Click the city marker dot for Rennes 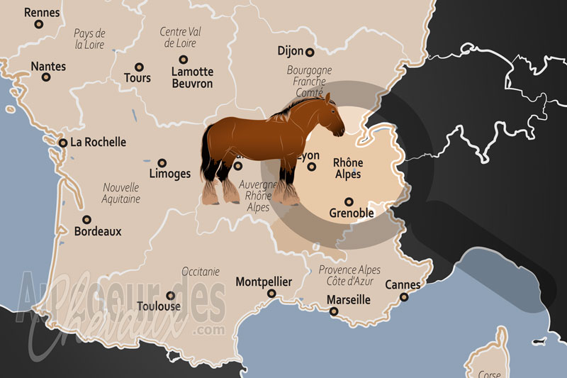(39, 24)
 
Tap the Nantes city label (48, 67)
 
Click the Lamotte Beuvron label (192, 77)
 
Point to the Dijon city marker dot (309, 52)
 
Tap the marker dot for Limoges (162, 162)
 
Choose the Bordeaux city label (98, 231)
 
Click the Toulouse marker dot (170, 296)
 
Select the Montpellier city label (264, 282)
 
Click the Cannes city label (403, 285)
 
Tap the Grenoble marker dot (348, 201)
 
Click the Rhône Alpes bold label (347, 168)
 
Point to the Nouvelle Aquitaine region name (121, 194)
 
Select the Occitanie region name (201, 271)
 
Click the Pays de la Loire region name (89, 39)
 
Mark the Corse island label (490, 373)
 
